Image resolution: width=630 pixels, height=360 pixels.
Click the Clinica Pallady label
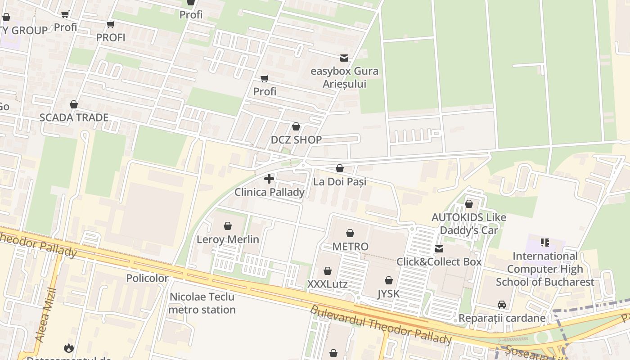click(269, 192)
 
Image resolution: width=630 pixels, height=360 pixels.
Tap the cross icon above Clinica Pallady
click(269, 179)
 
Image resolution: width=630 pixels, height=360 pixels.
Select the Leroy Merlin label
click(228, 239)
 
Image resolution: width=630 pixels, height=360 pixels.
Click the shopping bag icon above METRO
click(350, 233)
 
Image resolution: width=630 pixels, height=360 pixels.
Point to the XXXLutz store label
click(327, 284)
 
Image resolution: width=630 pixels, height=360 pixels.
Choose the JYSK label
click(388, 294)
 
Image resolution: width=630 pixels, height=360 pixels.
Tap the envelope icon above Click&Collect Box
click(439, 249)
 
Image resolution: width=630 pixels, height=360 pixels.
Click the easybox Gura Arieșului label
click(345, 77)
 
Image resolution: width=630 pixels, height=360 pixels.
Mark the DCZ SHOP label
click(296, 140)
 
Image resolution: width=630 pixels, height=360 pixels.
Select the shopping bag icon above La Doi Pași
click(340, 168)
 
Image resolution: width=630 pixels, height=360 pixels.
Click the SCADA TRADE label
click(74, 117)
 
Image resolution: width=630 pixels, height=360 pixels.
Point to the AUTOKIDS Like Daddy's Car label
click(469, 224)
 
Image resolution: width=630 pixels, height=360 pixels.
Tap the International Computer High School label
click(545, 269)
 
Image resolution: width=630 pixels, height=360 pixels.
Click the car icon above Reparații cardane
click(502, 305)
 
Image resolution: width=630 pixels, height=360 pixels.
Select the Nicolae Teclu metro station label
click(202, 303)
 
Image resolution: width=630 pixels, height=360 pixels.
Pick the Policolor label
click(147, 278)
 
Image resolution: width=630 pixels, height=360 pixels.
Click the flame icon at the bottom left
click(68, 348)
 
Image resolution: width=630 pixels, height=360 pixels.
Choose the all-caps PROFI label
click(111, 37)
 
